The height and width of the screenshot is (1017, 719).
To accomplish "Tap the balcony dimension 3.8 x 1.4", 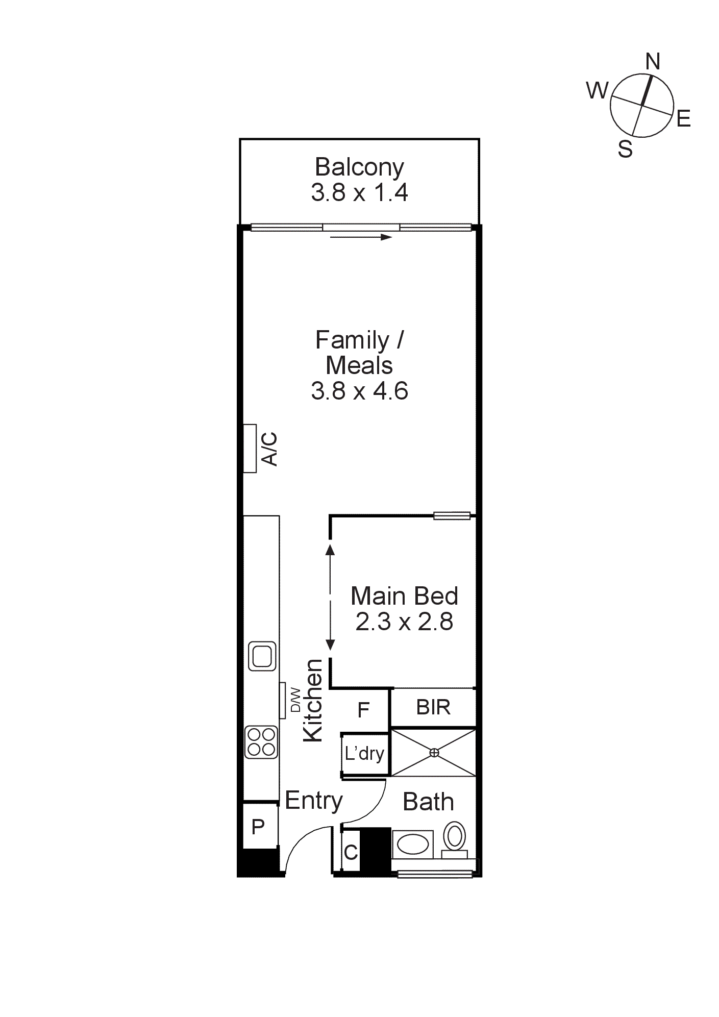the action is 359,193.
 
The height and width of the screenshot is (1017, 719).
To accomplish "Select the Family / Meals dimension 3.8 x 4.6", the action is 359,391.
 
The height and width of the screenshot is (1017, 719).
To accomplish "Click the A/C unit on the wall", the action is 250,449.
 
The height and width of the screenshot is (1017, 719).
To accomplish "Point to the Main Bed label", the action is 404,596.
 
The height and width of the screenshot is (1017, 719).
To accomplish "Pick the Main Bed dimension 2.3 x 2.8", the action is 404,622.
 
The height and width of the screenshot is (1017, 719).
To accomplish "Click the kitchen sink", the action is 262,656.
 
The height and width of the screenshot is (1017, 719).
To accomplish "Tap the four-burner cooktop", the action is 262,742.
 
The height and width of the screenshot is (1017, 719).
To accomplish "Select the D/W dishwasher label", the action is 295,700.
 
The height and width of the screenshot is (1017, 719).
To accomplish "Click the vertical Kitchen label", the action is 313,700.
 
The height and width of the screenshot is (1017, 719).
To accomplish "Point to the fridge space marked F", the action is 363,710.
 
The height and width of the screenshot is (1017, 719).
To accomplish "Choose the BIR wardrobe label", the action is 433,707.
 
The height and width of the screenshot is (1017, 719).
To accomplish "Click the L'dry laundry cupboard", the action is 365,754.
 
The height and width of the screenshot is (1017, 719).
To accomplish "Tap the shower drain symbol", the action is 434,752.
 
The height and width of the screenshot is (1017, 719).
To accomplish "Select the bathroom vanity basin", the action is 413,845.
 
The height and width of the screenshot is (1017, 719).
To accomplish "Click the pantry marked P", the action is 259,826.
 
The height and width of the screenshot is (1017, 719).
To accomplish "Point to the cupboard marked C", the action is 351,852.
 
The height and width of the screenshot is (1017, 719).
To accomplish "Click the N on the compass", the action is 653,62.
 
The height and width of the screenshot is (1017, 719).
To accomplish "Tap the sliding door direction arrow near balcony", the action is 361,237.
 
